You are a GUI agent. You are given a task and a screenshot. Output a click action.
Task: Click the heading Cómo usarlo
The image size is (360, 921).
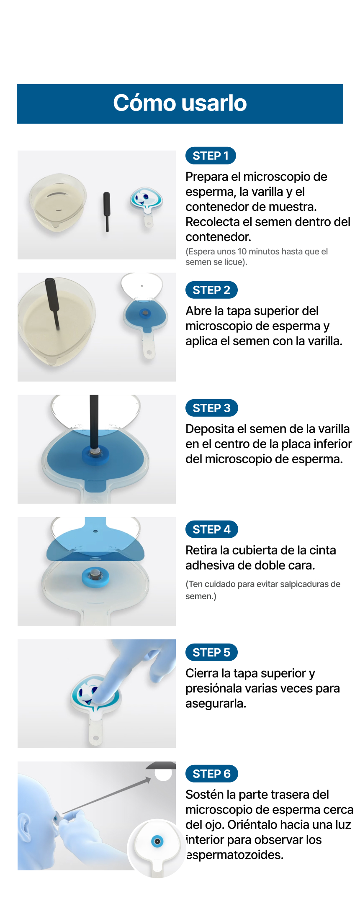coord(180,103)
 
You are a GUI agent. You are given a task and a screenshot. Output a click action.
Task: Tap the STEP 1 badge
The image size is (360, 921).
coord(211,156)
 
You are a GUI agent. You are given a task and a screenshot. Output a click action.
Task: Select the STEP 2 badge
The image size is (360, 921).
coord(211,290)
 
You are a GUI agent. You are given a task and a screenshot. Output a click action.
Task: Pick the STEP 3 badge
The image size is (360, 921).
coord(211,408)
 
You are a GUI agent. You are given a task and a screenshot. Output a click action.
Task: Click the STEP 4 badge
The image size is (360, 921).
coord(211,529)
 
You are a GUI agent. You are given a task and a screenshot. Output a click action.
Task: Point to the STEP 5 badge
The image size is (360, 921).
coord(211,652)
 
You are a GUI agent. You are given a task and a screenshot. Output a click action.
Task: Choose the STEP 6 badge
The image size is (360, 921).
coord(211,774)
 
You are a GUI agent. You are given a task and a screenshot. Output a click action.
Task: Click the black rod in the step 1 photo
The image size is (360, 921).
coord(107,211)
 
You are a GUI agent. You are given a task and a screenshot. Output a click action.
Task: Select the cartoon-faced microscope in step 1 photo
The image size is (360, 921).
coord(146,205)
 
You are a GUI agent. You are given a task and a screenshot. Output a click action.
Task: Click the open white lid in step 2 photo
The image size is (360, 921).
coord(141,286)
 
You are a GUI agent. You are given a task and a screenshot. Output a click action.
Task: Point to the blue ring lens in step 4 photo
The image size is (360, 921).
coord(95,577)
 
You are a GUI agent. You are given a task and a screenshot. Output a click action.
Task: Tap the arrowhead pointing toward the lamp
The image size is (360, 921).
coord(148,780)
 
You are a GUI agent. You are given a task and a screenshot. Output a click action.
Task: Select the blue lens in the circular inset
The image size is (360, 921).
coord(157,841)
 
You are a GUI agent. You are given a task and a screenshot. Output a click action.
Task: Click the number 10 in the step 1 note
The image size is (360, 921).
coord(242,251)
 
